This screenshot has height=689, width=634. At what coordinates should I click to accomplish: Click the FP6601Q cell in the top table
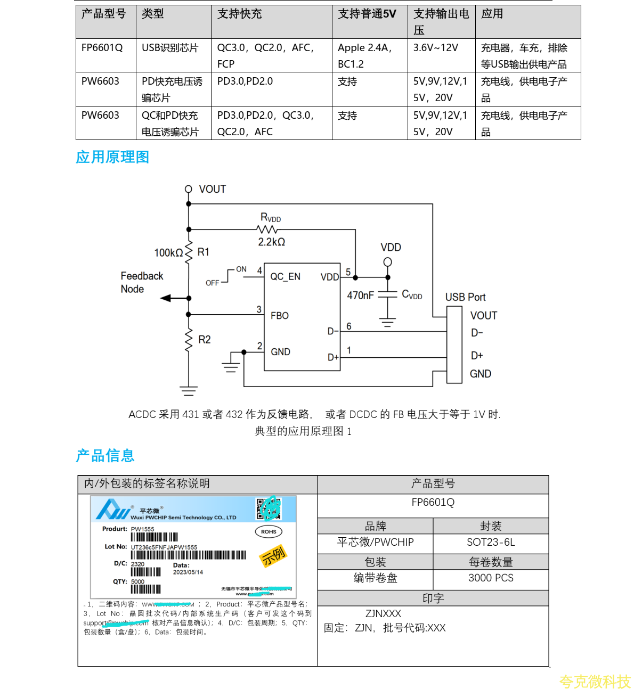pos(102,48)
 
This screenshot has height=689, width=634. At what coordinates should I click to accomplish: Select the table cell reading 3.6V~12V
pos(435,48)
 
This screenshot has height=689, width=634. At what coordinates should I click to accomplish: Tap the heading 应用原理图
pos(112,157)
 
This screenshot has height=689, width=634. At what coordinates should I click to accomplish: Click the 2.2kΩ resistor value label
pos(271,242)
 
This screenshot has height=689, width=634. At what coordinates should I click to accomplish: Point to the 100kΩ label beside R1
pos(168,253)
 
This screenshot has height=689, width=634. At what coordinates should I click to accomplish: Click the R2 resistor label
pos(205,340)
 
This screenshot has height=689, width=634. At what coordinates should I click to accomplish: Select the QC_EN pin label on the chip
pos(285,277)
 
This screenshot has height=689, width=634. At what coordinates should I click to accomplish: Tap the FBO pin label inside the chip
pos(279,316)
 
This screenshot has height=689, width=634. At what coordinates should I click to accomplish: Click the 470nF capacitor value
pos(360,296)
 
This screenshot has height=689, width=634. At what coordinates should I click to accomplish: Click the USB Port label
pos(465,297)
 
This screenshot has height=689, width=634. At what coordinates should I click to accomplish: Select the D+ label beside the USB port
pos(477,356)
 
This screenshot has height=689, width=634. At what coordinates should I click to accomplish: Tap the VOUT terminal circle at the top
pos(188,189)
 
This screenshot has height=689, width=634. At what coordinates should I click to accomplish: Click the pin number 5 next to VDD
pos(348,272)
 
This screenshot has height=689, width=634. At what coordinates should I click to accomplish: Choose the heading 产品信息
pos(105,456)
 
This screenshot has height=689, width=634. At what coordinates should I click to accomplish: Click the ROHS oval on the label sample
pos(269,531)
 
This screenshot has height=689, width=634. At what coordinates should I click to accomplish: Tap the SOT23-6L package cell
pos(491,543)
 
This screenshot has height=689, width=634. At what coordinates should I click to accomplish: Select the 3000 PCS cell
pos(491,578)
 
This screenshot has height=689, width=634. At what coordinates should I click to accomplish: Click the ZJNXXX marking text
pos(383,613)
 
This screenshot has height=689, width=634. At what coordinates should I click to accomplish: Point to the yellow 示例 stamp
pos(273,556)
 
